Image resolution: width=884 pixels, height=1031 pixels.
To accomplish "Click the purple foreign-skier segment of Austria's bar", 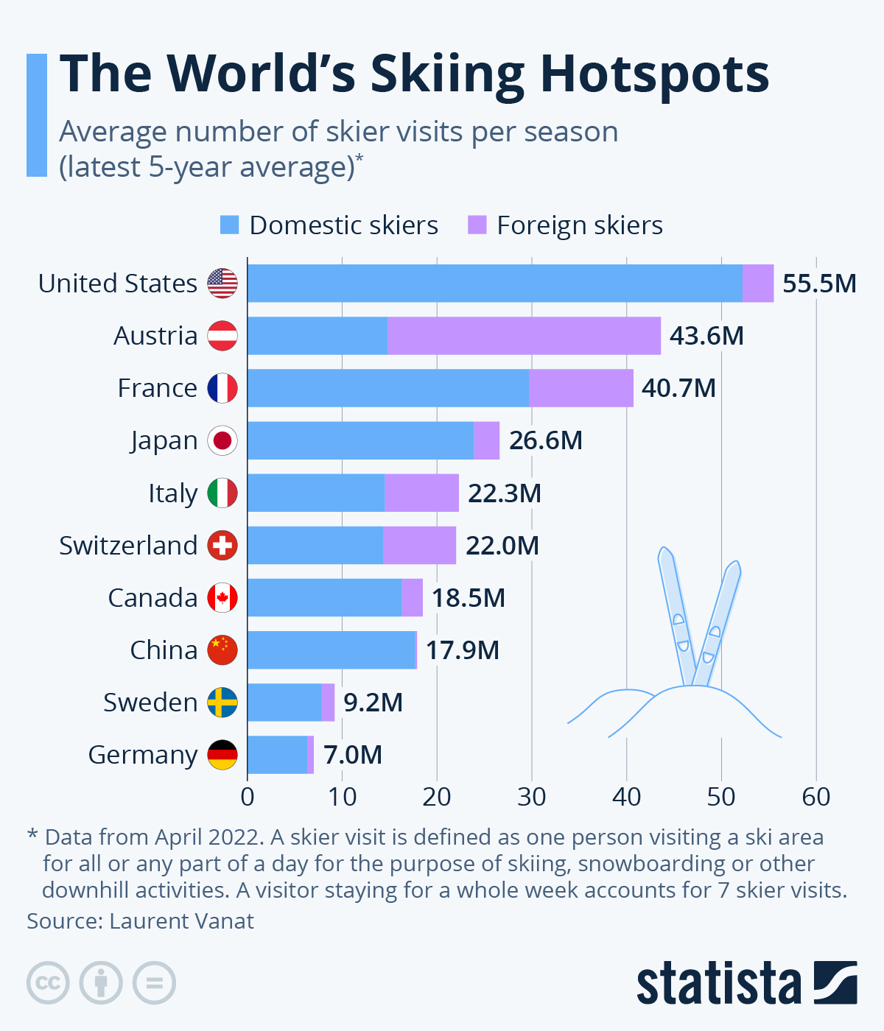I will [524, 336].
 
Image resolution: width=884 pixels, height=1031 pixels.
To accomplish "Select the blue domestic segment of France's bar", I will [388, 388].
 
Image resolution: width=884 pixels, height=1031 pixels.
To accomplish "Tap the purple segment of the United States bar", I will [758, 284].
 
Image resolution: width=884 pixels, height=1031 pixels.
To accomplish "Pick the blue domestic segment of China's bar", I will [331, 650].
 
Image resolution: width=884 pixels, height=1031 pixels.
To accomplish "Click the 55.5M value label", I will [819, 284].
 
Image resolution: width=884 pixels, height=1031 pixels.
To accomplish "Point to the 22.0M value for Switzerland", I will [502, 546].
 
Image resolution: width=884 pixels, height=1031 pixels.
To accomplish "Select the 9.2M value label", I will [373, 703].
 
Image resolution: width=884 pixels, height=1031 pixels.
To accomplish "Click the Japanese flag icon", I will [222, 441].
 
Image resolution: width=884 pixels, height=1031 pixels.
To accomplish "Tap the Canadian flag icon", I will [222, 598].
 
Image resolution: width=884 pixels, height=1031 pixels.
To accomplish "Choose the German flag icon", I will [222, 755].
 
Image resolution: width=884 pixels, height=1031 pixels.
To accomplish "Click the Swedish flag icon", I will [222, 703].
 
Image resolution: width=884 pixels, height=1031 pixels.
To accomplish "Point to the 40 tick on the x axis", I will [626, 797].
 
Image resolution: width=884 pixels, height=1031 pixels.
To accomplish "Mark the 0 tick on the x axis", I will [248, 797].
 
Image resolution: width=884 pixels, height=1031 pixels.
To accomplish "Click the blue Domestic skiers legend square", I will [230, 225].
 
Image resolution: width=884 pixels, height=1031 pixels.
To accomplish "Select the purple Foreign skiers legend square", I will [477, 225].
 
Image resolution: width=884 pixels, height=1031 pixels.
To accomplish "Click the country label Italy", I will [173, 493].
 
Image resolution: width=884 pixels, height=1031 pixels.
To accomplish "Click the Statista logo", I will [746, 982].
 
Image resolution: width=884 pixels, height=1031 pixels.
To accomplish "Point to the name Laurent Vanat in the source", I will [181, 921].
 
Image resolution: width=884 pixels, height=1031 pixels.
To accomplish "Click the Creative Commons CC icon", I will [48, 982].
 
